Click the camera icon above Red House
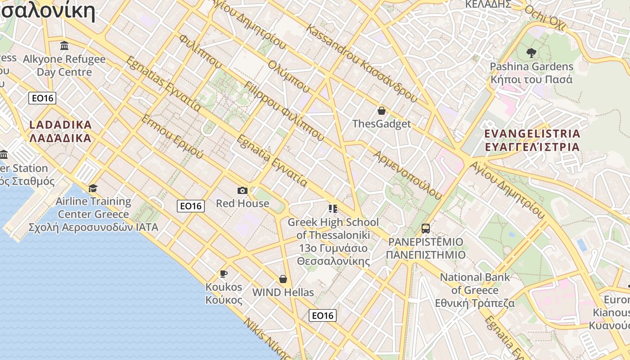[x=243, y=190]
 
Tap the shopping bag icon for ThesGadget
[x=382, y=111]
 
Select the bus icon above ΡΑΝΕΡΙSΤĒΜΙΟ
[x=426, y=229]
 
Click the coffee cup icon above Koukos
[x=223, y=274]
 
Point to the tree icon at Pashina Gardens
[x=531, y=53]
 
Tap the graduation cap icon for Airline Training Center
[x=93, y=188]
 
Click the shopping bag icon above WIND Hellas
[x=283, y=279]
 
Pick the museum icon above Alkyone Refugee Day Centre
[x=64, y=46]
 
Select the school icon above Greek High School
[x=333, y=208]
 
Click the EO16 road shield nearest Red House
[x=191, y=206]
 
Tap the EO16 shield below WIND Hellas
[x=323, y=315]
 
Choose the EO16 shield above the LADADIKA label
[x=42, y=98]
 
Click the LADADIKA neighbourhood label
[x=60, y=131]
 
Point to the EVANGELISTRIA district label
[x=532, y=140]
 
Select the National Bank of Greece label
[x=475, y=290]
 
